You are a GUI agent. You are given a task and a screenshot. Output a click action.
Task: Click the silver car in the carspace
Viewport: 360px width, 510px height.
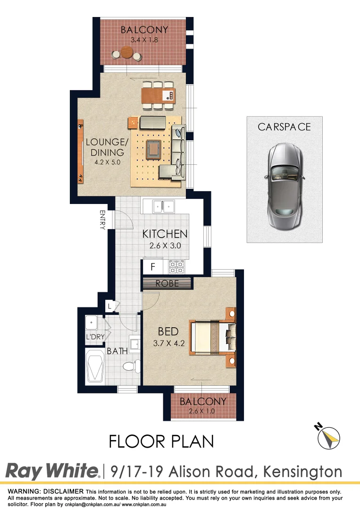(x=285, y=185)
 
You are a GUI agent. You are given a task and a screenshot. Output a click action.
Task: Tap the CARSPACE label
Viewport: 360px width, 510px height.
(x=284, y=127)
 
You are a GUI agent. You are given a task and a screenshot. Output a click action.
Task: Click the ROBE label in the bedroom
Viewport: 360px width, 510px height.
(x=167, y=283)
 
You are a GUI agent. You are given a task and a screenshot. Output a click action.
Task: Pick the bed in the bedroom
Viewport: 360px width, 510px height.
(x=213, y=338)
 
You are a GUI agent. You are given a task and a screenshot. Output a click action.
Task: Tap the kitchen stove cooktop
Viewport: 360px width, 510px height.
(x=176, y=267)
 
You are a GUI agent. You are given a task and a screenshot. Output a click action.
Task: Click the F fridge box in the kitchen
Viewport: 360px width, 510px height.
(x=152, y=267)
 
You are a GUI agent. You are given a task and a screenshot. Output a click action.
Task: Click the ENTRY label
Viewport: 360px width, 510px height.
(x=102, y=220)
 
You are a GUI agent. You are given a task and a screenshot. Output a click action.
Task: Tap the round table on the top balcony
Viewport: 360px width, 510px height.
(x=126, y=52)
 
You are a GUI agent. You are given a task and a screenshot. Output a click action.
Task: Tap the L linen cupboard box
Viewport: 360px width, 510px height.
(x=109, y=306)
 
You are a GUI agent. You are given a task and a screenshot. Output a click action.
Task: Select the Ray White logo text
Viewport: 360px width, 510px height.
(x=52, y=471)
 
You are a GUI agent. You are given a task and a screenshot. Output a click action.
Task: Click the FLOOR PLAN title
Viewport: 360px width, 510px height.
(x=161, y=441)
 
